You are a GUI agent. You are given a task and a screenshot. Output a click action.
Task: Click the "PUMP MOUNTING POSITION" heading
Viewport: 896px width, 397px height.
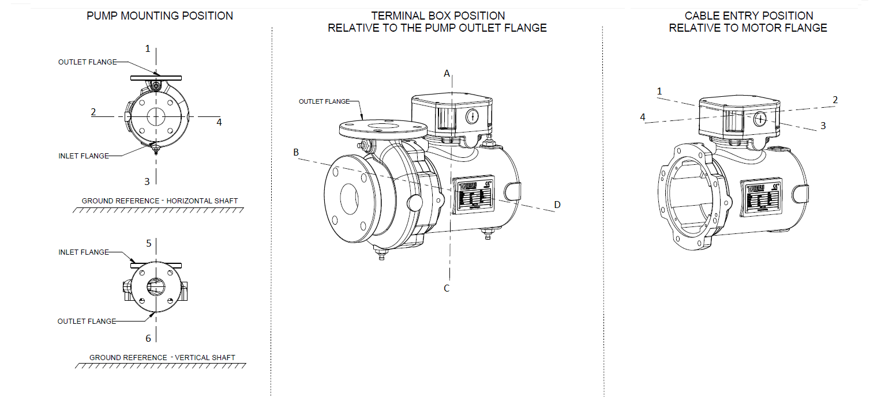click(x=160, y=16)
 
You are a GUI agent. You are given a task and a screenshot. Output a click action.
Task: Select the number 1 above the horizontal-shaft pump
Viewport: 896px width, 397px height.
click(x=148, y=49)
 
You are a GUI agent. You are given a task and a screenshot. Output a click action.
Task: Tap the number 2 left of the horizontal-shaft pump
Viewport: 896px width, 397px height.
click(x=93, y=112)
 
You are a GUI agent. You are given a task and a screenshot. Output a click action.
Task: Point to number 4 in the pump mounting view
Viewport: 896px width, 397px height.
click(x=219, y=122)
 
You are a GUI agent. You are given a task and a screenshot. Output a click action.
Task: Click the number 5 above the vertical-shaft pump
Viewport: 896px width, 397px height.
click(x=148, y=244)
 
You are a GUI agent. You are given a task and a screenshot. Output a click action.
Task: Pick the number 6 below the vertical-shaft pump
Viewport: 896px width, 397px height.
click(x=148, y=338)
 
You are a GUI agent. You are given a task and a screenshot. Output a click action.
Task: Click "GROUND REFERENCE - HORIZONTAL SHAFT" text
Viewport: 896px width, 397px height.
click(x=160, y=201)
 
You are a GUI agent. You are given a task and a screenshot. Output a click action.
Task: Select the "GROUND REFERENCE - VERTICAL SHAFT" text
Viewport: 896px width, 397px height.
click(x=162, y=358)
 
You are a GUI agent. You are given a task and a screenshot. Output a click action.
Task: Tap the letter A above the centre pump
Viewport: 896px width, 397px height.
click(x=446, y=73)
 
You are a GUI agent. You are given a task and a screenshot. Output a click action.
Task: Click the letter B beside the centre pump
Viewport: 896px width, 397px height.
click(x=296, y=153)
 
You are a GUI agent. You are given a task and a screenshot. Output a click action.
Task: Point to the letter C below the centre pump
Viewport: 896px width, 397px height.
click(x=446, y=288)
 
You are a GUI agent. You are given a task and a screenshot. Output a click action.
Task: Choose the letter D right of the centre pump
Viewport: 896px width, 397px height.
click(x=557, y=205)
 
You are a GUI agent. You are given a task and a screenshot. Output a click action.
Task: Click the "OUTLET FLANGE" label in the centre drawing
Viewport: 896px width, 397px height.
click(x=324, y=101)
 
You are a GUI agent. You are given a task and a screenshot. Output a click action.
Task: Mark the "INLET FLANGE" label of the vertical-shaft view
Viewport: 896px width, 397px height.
click(x=84, y=252)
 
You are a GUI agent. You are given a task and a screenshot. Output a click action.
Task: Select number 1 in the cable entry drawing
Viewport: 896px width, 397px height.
click(x=659, y=91)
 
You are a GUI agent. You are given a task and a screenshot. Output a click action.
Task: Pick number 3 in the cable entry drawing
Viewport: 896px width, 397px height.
click(x=823, y=125)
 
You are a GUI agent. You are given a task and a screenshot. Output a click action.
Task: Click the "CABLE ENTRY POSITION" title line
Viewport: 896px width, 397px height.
click(x=748, y=16)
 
